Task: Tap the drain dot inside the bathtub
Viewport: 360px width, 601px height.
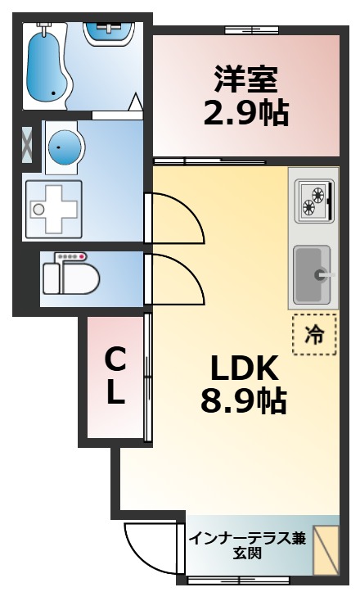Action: [x=53, y=93]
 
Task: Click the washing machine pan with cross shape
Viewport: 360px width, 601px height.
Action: [x=54, y=210]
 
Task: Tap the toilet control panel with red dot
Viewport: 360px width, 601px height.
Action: [x=71, y=256]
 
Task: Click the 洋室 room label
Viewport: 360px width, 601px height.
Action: [x=245, y=79]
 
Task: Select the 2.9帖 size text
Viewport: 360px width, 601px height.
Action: [x=245, y=113]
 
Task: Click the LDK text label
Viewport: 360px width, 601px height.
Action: [x=245, y=368]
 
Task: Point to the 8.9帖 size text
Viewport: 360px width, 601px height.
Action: [x=244, y=400]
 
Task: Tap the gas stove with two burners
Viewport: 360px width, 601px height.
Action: [x=314, y=201]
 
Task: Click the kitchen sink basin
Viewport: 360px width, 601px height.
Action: [x=312, y=274]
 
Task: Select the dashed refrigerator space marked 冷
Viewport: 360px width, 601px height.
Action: [x=314, y=335]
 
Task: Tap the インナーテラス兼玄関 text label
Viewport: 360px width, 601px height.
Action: [x=248, y=545]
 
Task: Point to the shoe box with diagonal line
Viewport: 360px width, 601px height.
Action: [x=326, y=550]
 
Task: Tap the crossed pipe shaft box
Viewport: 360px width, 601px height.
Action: [x=27, y=144]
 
